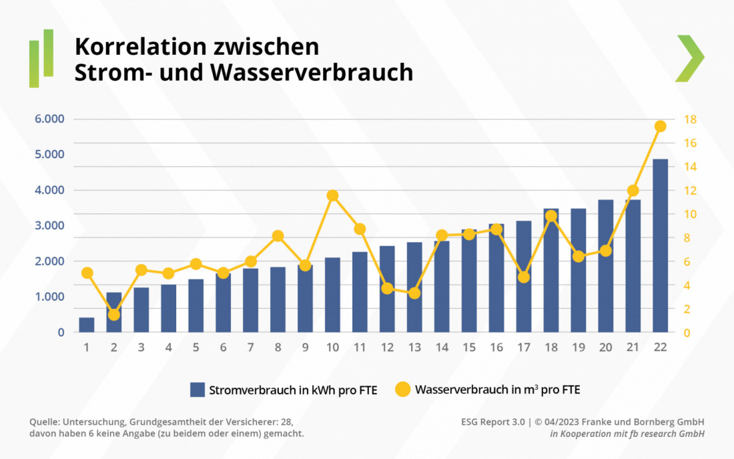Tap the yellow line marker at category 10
point(333,195)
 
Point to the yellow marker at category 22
point(661,126)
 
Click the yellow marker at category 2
point(114,314)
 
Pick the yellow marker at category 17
point(524,277)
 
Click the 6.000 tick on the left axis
point(51,119)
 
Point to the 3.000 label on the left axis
point(51,225)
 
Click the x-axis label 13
point(414,348)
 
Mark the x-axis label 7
point(251,348)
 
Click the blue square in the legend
point(197,390)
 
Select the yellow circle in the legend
point(402,390)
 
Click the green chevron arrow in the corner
point(690,58)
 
